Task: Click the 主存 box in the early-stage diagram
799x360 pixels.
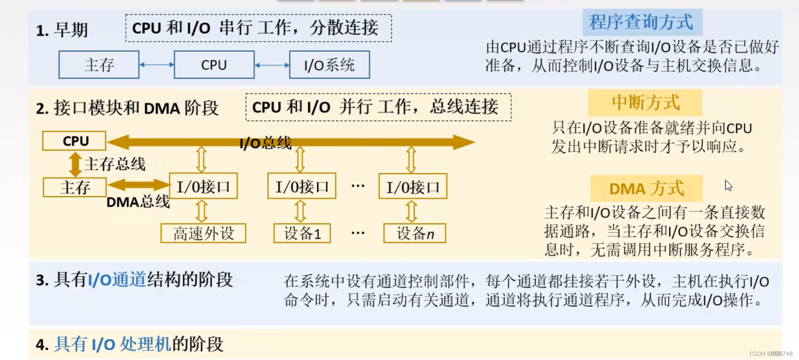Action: tap(99, 65)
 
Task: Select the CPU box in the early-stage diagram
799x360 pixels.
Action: tap(214, 65)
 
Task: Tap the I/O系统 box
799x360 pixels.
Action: tap(329, 65)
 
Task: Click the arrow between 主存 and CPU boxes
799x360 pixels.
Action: tap(157, 65)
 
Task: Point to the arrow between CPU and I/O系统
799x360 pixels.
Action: tap(272, 65)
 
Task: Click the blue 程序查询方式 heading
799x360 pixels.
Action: tap(642, 22)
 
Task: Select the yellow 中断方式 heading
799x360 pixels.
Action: tap(645, 103)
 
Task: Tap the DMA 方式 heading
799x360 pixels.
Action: tap(646, 189)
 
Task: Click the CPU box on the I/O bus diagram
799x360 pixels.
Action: tap(74, 141)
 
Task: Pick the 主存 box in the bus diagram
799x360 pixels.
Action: tap(75, 187)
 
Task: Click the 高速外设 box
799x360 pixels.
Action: tap(203, 233)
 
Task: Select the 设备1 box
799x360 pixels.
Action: tap(302, 233)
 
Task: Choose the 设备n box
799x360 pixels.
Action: tap(415, 233)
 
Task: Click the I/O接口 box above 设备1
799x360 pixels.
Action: tap(301, 186)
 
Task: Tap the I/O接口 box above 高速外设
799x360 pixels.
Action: tap(203, 186)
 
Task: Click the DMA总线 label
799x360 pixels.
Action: tap(138, 202)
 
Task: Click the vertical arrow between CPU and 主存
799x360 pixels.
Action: tap(75, 164)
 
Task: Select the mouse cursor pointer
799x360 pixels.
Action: tap(728, 186)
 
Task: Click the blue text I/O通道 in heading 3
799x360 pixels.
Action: tap(117, 280)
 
